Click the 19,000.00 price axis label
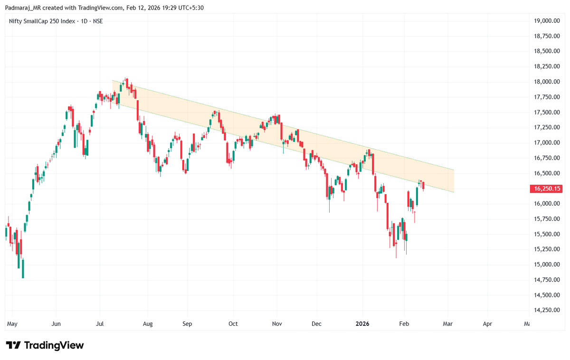tap(547, 21)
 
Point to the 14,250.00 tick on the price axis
tap(547, 310)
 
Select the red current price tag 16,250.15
tap(547, 189)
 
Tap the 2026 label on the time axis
tap(362, 324)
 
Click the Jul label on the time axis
tap(100, 324)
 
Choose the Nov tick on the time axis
tap(277, 324)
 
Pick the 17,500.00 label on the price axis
tap(547, 113)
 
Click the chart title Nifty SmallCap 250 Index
tap(42, 21)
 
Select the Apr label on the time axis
tap(487, 324)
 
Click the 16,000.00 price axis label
tap(547, 204)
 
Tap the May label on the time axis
tap(12, 324)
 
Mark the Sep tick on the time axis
tap(187, 324)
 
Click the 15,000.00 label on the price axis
tap(547, 265)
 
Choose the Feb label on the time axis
tap(404, 324)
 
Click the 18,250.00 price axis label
tap(547, 66)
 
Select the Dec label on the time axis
tap(317, 324)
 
